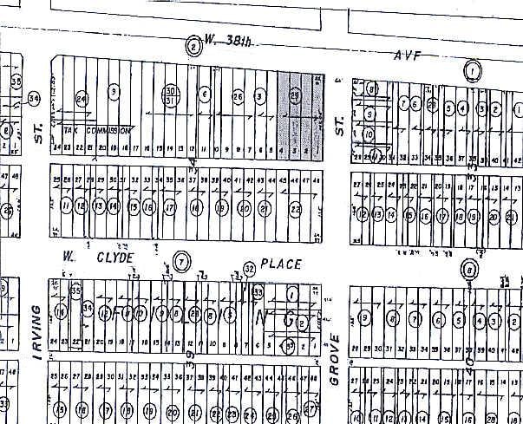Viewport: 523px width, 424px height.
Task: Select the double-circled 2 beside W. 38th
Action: click(193, 46)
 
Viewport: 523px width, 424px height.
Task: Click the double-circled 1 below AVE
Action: click(473, 70)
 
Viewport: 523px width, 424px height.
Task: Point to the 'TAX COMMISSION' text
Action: click(96, 130)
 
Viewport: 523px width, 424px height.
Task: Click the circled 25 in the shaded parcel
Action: click(296, 95)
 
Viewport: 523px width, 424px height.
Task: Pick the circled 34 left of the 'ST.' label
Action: click(35, 98)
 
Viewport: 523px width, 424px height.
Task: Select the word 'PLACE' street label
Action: click(284, 263)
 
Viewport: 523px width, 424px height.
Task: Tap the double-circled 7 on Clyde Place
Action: click(180, 260)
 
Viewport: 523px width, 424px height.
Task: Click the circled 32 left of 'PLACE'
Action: click(250, 268)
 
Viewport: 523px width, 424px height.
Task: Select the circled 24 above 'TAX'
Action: click(82, 99)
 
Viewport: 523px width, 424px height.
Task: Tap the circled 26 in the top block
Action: click(237, 95)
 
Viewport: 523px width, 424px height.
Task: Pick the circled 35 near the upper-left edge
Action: click(16, 82)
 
